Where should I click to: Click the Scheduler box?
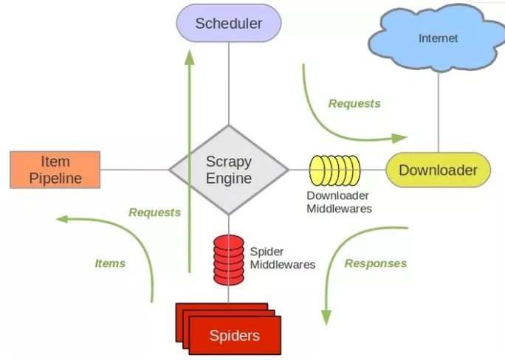click(229, 23)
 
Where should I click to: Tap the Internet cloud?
click(438, 38)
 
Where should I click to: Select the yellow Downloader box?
click(438, 170)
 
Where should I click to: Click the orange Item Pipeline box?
click(55, 170)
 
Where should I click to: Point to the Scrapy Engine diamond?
click(228, 170)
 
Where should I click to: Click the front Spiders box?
click(235, 336)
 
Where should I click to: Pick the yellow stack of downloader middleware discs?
click(334, 170)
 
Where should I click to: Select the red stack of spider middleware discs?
click(229, 260)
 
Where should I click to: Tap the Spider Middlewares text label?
click(282, 257)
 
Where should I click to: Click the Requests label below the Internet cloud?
click(354, 103)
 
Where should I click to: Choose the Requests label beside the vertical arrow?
click(154, 212)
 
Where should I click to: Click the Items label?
click(110, 263)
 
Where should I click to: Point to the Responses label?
click(376, 263)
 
